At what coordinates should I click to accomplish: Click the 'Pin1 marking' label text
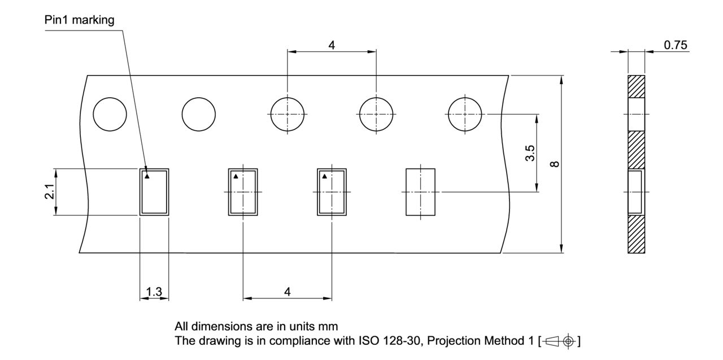79,20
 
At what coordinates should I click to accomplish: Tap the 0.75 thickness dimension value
676,45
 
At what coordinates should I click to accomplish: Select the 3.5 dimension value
530,153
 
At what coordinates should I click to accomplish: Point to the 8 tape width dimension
555,164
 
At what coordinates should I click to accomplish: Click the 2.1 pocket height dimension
50,192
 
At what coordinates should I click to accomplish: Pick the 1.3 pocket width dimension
154,292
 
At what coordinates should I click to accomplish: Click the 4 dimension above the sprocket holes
332,45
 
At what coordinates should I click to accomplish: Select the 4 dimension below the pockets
288,292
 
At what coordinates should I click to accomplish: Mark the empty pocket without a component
421,192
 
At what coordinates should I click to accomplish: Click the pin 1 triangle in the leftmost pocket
146,176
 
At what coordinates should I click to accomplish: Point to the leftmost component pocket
154,192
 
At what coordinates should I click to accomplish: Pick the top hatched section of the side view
636,86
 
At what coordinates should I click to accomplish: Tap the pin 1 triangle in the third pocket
324,176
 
